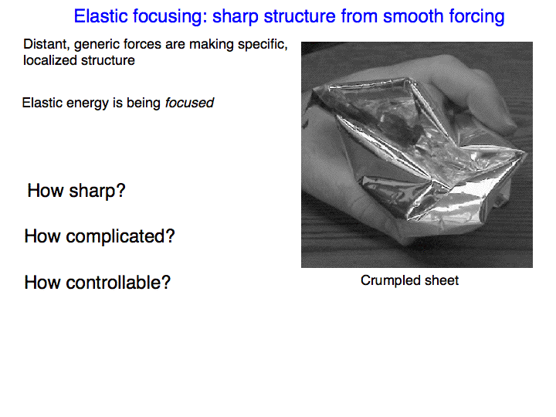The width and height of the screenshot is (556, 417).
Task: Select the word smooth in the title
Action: pos(413,16)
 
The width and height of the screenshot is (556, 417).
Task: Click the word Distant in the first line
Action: pos(46,45)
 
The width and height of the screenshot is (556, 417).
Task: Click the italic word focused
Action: pos(189,103)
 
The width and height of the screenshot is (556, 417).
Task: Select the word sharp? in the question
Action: pos(97,192)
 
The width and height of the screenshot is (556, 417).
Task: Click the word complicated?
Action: pos(120,237)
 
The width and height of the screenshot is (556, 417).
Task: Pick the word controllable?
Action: pos(118,283)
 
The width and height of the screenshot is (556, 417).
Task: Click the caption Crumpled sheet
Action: pos(409,281)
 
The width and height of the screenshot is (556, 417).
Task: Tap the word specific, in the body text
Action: pos(263,45)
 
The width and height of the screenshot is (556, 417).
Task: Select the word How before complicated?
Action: pos(42,236)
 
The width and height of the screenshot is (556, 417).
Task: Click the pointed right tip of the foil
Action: pos(526,152)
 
